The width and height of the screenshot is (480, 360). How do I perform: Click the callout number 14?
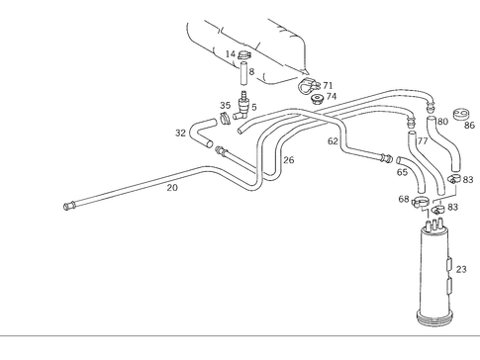coord(230,54)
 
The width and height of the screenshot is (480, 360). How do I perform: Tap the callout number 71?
coord(328,86)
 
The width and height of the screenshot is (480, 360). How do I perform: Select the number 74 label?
coord(332,97)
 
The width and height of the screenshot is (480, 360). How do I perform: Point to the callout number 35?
coord(225,105)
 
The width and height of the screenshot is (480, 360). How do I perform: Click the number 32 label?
coord(180,132)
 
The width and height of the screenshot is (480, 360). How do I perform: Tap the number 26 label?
coord(288,159)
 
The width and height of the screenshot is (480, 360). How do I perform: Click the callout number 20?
coord(171,187)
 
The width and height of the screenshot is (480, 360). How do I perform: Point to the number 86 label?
coord(469,126)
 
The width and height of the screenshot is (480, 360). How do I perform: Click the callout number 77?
coord(423,141)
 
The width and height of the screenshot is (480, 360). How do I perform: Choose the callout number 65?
coord(402,172)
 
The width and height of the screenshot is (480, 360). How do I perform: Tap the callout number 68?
coord(404,200)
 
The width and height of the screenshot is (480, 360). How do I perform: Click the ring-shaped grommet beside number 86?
coord(459,113)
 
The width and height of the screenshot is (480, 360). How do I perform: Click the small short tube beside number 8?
coord(240,73)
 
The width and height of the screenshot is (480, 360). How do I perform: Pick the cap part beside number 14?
coord(245,55)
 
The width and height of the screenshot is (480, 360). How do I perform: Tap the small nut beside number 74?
coord(316,100)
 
